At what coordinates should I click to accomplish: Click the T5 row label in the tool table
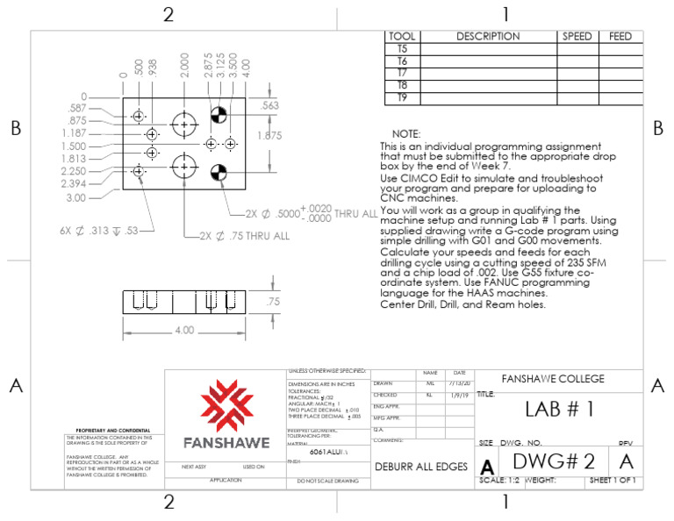[402, 49]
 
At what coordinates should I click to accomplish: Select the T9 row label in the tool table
[402, 98]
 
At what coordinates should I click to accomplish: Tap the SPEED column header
[577, 37]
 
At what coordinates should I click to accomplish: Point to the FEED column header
[620, 37]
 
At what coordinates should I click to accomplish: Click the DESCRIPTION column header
[488, 37]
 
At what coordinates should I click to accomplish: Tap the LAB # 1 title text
[560, 409]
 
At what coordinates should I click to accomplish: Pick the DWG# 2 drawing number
[554, 461]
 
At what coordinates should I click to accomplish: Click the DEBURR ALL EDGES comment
[421, 467]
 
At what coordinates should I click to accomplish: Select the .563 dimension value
[270, 105]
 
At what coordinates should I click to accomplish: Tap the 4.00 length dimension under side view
[185, 331]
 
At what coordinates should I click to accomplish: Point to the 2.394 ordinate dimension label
[75, 184]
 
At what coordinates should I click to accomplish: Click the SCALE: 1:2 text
[499, 481]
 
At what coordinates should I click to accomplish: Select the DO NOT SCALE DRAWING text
[328, 482]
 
